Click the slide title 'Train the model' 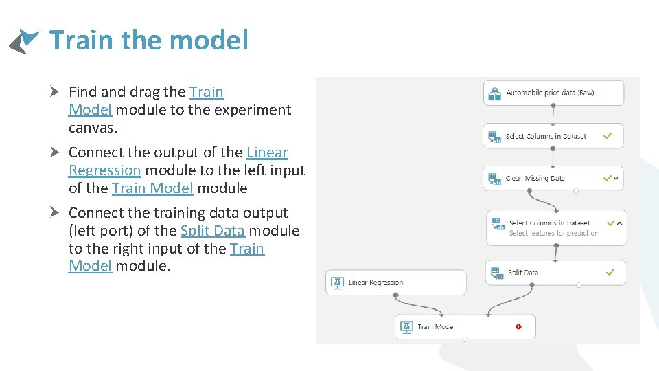point(148,41)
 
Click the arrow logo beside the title point(24,41)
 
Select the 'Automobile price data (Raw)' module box point(553,93)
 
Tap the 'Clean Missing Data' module point(553,178)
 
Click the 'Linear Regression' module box point(395,282)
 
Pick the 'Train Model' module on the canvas point(465,326)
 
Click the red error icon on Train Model point(518,326)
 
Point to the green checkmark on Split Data point(610,272)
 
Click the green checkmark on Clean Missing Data point(606,178)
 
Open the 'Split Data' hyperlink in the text point(212,231)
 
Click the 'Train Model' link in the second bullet point(152,188)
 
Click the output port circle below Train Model point(465,339)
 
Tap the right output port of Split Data point(579,285)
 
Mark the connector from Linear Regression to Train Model point(417,306)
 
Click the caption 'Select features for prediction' point(553,233)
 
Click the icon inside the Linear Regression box point(337,282)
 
